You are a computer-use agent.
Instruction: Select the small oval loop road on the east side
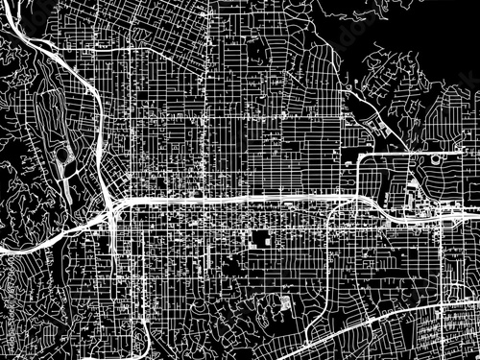click(437, 157)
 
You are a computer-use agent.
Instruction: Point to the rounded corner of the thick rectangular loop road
click(361, 157)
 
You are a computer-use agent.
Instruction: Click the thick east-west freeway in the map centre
click(240, 199)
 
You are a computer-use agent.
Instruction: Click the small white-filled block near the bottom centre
click(285, 306)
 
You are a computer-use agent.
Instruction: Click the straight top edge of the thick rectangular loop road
click(394, 153)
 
